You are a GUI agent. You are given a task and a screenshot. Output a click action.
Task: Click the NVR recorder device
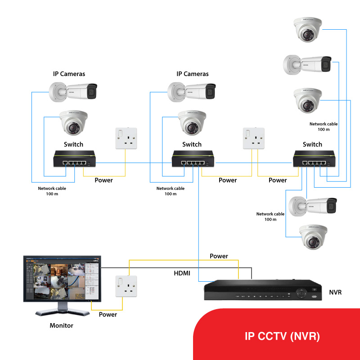(x=261, y=290)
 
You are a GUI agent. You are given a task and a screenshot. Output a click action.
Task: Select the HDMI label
(x=182, y=273)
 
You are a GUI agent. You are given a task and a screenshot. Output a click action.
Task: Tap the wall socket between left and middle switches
(x=126, y=138)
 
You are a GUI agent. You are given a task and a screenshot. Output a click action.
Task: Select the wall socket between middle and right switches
(x=252, y=138)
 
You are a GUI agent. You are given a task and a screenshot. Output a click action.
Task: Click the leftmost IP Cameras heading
(x=69, y=74)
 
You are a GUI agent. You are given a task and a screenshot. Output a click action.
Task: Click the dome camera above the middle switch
(x=192, y=122)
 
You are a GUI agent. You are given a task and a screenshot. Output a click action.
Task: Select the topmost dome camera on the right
(x=308, y=30)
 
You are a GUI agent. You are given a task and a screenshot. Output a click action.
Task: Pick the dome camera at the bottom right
(x=313, y=237)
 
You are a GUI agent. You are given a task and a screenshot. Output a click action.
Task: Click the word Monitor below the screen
(x=61, y=325)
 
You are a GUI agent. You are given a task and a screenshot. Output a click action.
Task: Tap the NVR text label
(x=335, y=292)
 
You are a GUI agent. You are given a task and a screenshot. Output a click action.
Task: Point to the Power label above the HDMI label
(x=219, y=256)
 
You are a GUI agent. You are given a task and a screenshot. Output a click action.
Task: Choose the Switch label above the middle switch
(x=192, y=144)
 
